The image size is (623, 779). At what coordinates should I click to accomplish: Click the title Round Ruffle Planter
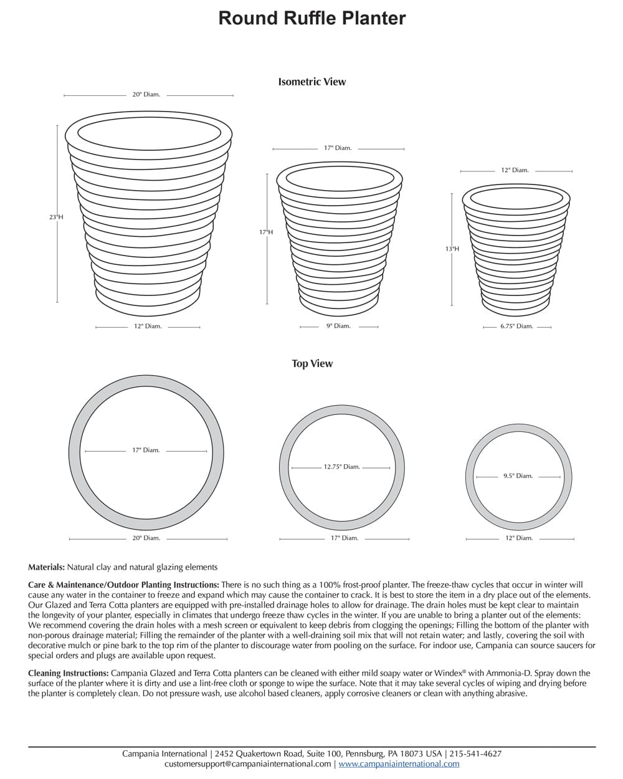[311, 18]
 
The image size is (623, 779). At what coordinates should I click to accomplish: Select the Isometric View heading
[311, 82]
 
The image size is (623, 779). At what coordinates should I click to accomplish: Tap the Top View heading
[312, 363]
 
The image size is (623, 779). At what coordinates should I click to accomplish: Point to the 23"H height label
[56, 217]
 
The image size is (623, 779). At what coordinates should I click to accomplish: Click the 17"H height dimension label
[266, 232]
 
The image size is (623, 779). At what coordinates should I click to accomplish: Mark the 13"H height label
[452, 249]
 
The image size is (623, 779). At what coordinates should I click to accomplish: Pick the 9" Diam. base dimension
[338, 326]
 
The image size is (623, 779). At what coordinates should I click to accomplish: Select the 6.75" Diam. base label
[516, 326]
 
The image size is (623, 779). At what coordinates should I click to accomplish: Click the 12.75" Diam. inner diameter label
[341, 467]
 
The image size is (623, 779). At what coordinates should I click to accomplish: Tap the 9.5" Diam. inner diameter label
[518, 476]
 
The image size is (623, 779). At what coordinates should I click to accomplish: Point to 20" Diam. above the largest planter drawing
[146, 95]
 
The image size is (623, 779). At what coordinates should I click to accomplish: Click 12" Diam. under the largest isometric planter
[148, 326]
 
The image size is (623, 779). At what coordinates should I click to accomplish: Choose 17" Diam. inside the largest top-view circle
[146, 450]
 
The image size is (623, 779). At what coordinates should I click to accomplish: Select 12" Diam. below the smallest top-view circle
[518, 538]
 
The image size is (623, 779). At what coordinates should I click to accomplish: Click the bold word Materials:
[46, 567]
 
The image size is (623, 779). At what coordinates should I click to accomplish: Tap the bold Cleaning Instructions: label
[69, 673]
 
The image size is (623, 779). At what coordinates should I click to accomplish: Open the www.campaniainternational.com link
[399, 763]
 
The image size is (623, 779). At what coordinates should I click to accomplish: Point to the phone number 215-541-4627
[475, 753]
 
